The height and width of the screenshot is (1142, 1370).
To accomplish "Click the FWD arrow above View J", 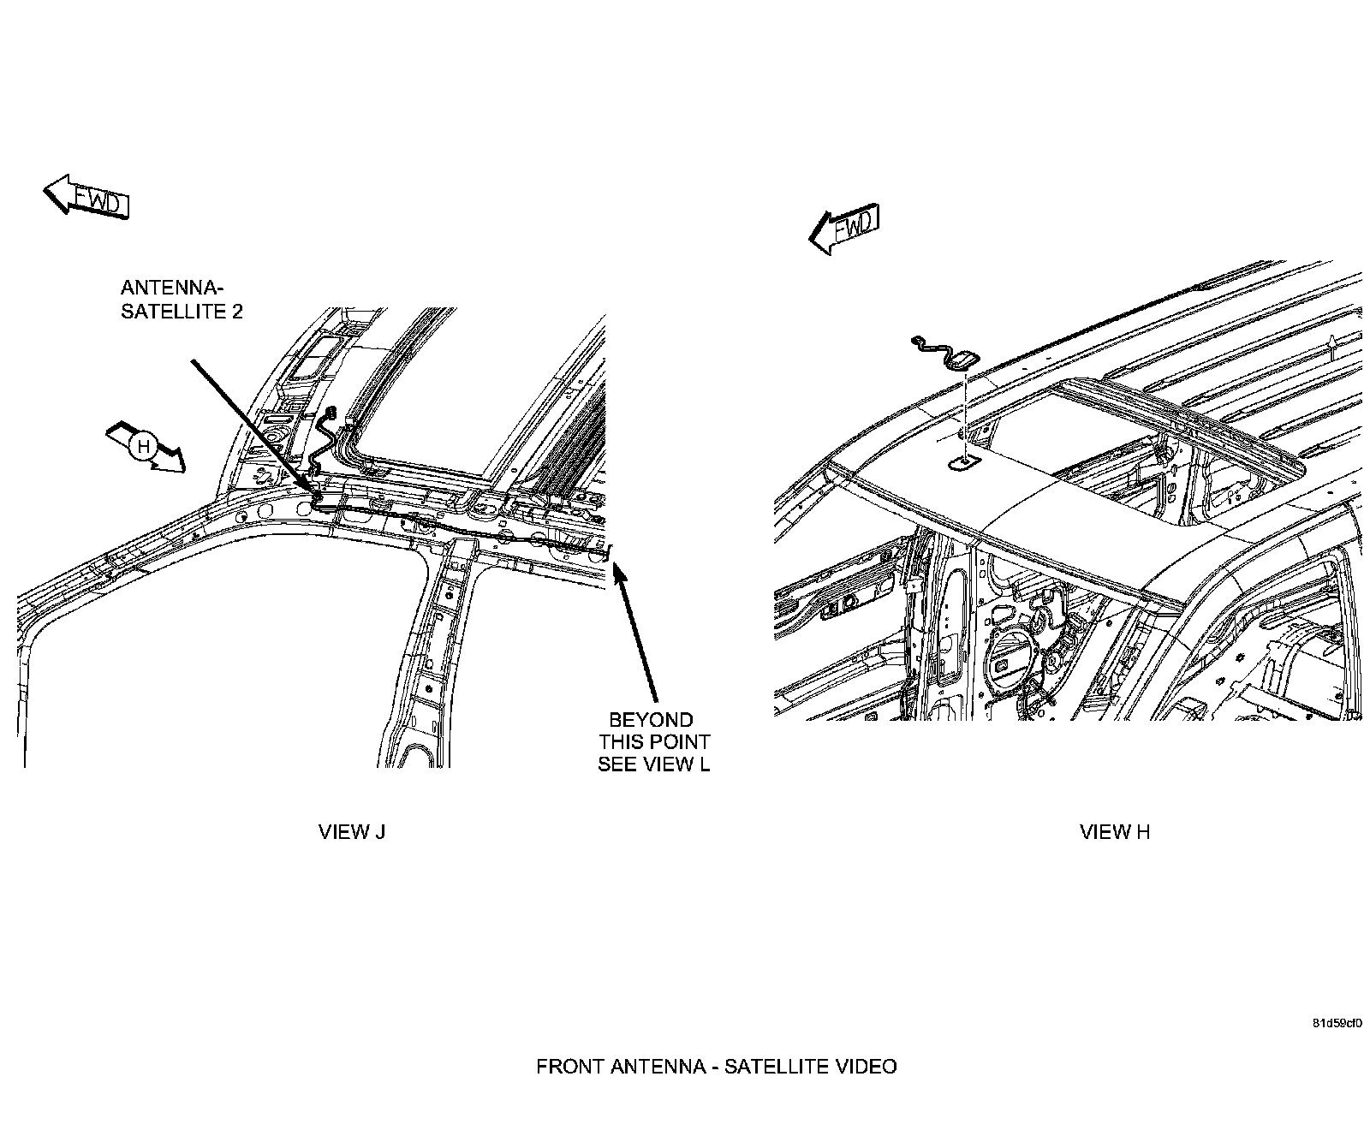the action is pos(86,198).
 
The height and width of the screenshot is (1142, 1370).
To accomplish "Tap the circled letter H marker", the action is pos(144,446).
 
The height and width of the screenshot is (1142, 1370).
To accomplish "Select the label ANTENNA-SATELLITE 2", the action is pos(181,299).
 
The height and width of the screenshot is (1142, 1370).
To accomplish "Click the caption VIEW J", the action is pos(352,831).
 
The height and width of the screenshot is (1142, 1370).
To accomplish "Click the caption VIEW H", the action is pos(1114,831).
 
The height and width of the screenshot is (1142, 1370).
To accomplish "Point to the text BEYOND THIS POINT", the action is pos(654,730).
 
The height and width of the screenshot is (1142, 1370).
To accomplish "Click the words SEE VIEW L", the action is pos(654,764).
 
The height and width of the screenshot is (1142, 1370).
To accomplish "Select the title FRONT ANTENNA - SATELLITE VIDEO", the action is pos(716,1066).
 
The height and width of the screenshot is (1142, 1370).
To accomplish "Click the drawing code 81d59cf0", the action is pos(1337,1023).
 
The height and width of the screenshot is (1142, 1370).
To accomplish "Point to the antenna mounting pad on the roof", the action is pos(962,463).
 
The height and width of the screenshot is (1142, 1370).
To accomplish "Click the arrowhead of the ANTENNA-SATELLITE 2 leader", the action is pos(310,488).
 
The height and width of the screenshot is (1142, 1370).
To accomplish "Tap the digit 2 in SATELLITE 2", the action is pos(237,311).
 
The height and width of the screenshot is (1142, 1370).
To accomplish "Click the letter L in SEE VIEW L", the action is pos(704,764).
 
